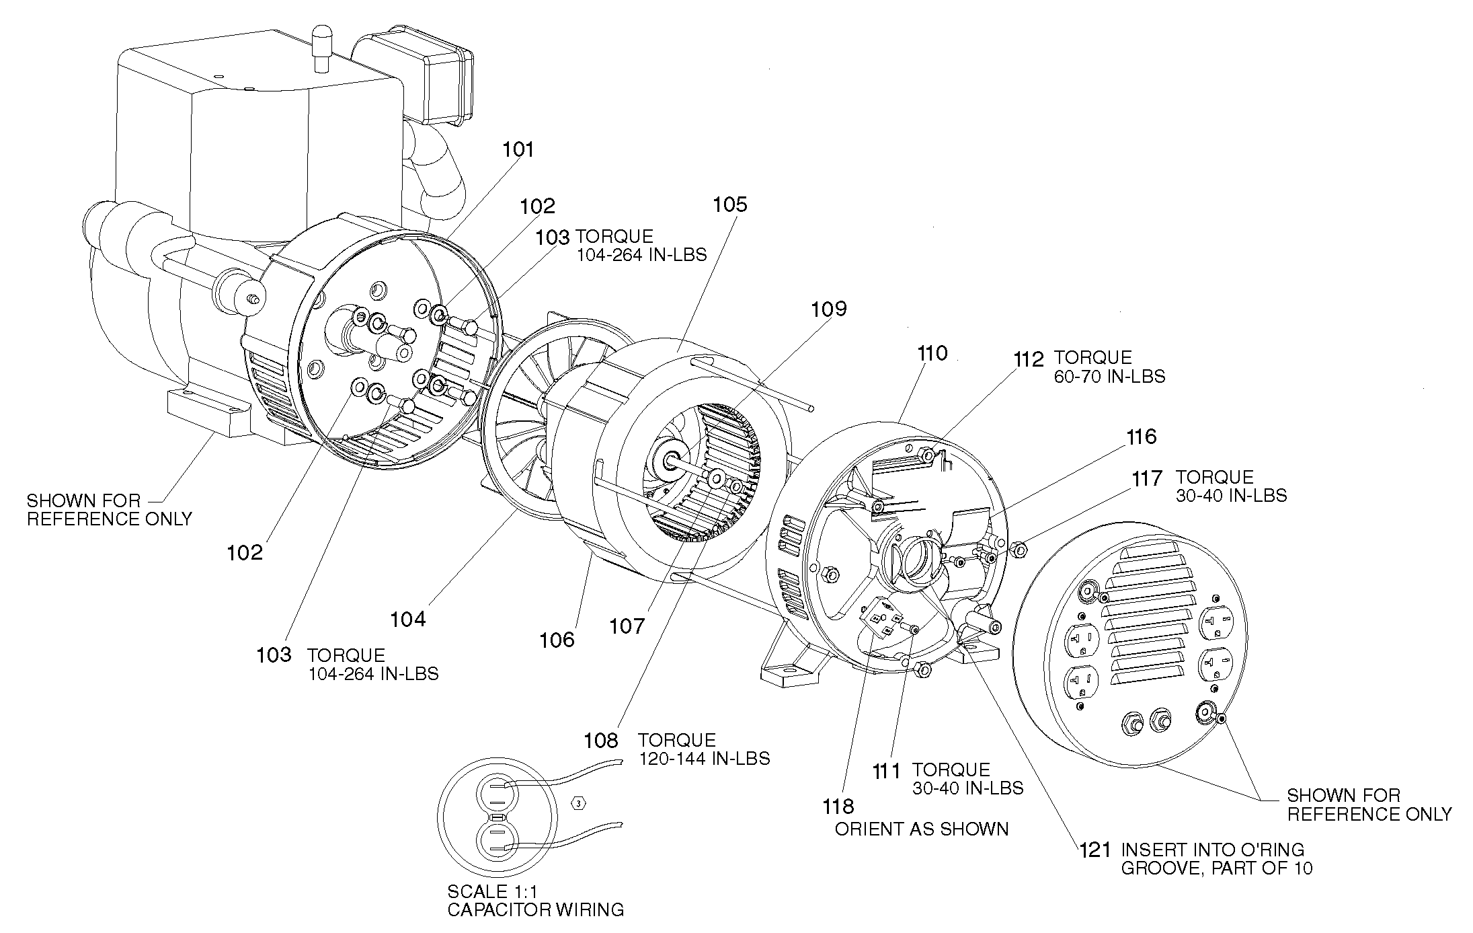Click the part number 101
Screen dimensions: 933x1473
tap(518, 149)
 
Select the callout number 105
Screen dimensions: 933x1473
tap(729, 204)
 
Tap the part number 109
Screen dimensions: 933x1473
tap(829, 309)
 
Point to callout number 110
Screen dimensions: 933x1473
tap(931, 353)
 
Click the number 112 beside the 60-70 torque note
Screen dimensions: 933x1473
tap(1029, 359)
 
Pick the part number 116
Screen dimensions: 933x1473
tap(1142, 437)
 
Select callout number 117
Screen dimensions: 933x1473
tap(1147, 478)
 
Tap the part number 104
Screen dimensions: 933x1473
tap(408, 619)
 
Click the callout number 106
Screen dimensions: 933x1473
tap(557, 640)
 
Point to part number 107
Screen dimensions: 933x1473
tap(627, 627)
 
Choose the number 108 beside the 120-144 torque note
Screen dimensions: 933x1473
tap(600, 741)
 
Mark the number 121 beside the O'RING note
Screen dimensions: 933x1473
tap(1095, 850)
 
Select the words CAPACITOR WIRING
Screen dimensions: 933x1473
tap(535, 910)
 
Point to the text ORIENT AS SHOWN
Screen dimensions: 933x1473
tap(922, 829)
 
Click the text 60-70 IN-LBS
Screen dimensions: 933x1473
tap(1109, 376)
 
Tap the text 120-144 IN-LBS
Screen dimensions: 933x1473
tap(704, 758)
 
